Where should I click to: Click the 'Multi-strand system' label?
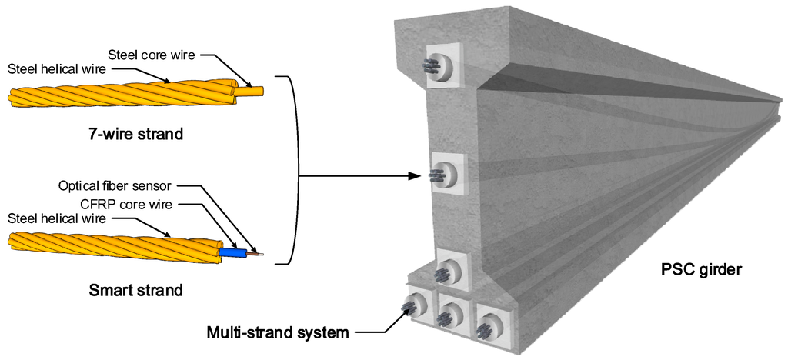[x=278, y=333]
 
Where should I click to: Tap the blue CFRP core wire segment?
[x=232, y=252]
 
